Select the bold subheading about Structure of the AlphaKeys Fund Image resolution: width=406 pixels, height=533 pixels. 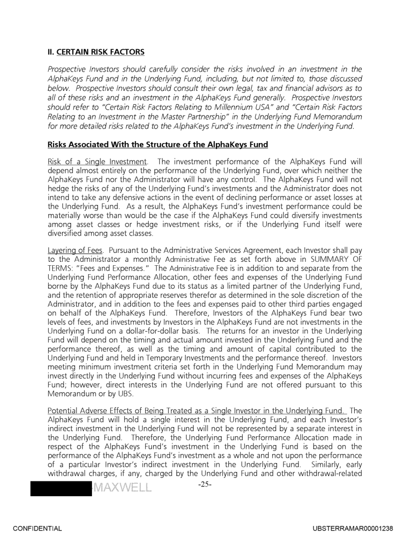point(158,145)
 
